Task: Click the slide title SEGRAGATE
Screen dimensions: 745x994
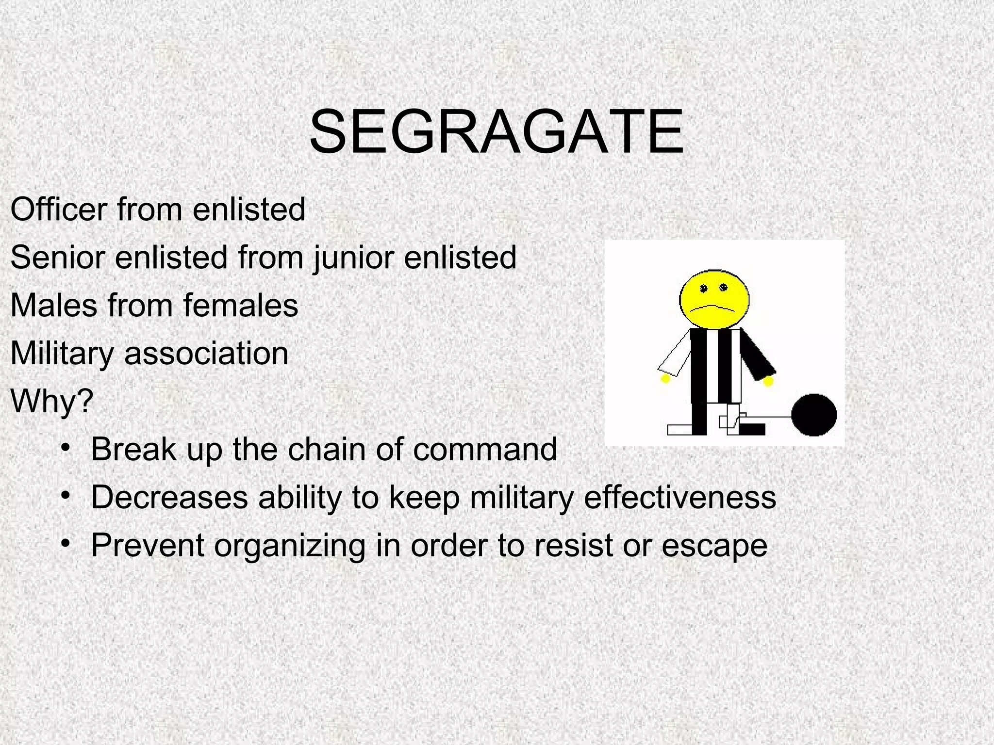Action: click(x=497, y=132)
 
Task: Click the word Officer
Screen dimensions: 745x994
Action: click(x=58, y=210)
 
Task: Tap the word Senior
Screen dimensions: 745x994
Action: click(x=57, y=257)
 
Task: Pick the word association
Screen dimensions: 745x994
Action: click(x=206, y=353)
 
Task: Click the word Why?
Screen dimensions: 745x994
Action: click(x=51, y=401)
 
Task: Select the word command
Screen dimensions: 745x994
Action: click(x=485, y=449)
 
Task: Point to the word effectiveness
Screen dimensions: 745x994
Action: click(x=680, y=497)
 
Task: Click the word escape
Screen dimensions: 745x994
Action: click(x=714, y=545)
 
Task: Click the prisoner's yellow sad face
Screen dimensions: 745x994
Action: click(x=714, y=299)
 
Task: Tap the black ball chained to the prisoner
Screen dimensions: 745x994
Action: click(x=814, y=416)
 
